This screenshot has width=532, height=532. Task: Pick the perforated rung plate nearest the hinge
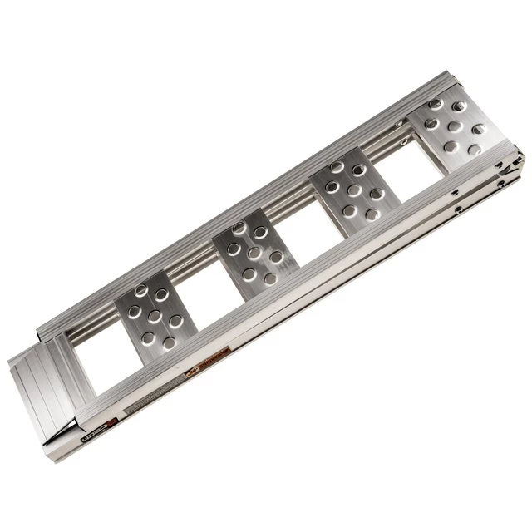[454, 127]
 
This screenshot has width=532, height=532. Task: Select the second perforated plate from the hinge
[353, 190]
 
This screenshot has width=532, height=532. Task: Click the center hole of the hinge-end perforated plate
[456, 127]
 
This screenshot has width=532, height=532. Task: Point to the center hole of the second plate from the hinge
[354, 190]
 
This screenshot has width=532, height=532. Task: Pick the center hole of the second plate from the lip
[251, 253]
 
